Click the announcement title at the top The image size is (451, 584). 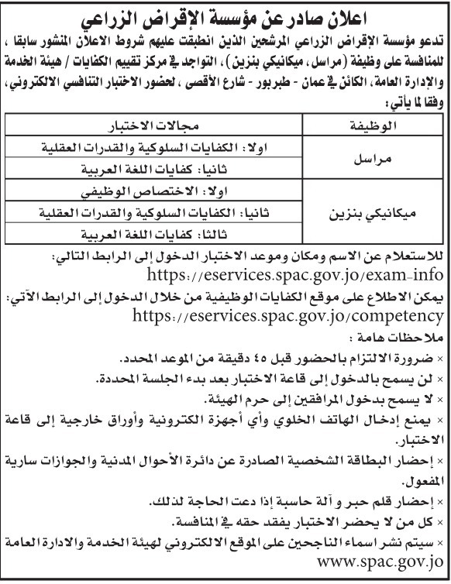(225, 13)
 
